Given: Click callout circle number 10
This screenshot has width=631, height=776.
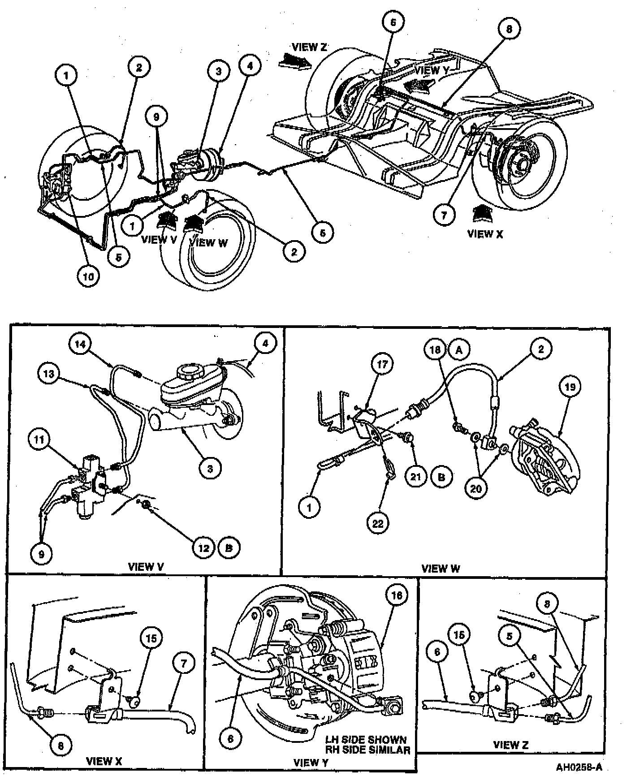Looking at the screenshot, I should pyautogui.click(x=88, y=276).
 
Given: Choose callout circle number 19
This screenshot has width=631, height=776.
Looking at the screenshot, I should pyautogui.click(x=570, y=386).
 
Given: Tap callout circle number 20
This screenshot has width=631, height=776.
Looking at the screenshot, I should pyautogui.click(x=476, y=488).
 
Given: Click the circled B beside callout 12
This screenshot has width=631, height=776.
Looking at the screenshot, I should pyautogui.click(x=229, y=548).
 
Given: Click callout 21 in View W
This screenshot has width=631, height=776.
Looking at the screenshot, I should pyautogui.click(x=416, y=476).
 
